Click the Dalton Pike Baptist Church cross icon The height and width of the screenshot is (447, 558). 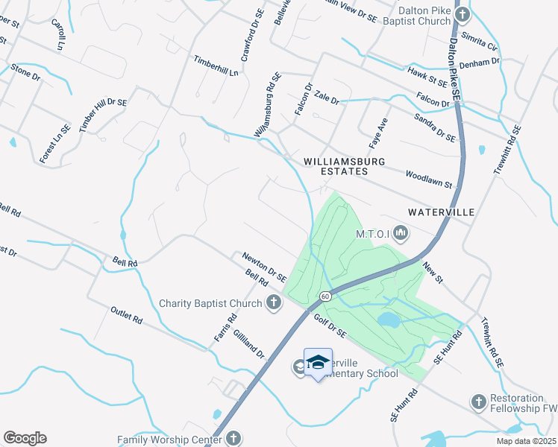(x=463, y=15)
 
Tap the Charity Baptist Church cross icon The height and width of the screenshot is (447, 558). (x=274, y=302)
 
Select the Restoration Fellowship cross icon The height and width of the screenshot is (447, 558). (x=478, y=402)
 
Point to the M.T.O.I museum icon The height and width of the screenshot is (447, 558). (x=401, y=234)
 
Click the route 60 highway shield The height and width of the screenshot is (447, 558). (x=325, y=297)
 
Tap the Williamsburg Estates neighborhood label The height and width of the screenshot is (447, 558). (x=336, y=166)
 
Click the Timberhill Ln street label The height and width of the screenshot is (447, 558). (x=216, y=66)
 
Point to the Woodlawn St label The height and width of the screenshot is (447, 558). (x=429, y=179)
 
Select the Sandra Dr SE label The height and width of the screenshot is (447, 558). (x=434, y=127)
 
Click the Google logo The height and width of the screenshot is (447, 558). (x=25, y=438)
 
